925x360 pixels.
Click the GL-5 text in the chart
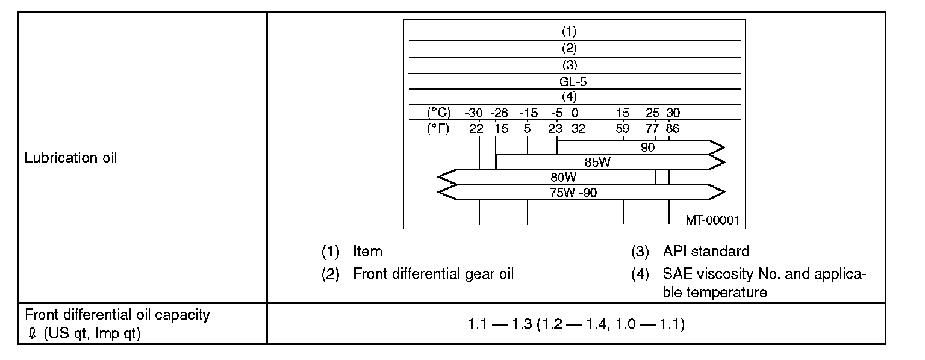pos(569,81)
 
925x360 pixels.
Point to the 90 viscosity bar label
pos(648,146)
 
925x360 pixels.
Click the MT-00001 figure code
pos(712,220)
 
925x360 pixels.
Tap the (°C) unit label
pos(439,113)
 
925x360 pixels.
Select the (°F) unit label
pos(439,128)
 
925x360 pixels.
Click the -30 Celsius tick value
pos(473,113)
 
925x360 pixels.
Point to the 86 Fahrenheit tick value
pos(672,128)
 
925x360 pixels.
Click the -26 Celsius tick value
pos(500,113)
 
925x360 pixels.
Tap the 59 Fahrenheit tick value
pos(623,128)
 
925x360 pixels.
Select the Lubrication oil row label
pos(70,158)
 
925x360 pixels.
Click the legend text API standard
pos(706,251)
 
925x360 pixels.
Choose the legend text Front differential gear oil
pos(434,274)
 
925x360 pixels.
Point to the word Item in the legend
pos(367,251)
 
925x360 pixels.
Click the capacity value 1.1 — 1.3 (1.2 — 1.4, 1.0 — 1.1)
pos(576,325)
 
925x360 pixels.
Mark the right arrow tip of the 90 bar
pos(723,147)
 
